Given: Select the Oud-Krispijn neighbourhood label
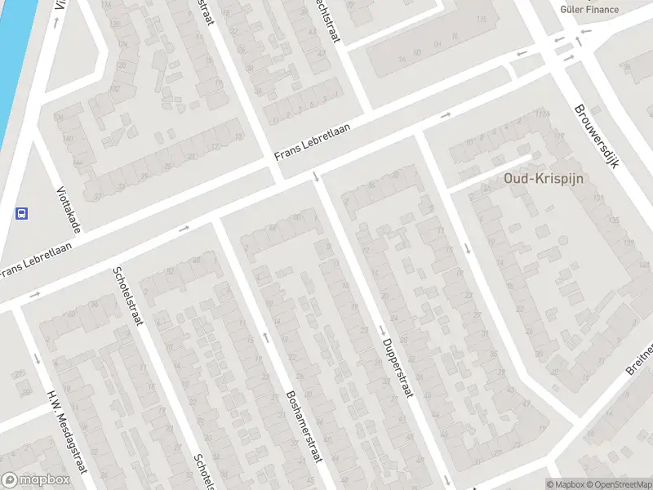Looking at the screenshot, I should coord(536,177).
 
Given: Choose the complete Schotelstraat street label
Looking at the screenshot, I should coord(127,295).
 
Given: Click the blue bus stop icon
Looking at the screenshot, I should coord(21,214).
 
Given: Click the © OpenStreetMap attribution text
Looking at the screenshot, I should coord(618,484).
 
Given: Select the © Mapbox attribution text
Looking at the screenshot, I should coord(564,484).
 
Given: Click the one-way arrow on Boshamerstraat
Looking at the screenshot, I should coord(265,336).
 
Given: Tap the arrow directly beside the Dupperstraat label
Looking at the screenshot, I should coord(381,330).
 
